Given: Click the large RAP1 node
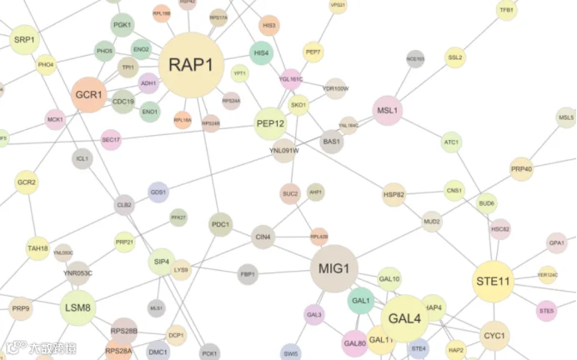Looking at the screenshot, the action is (x=197, y=64).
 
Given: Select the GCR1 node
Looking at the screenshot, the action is (x=88, y=95).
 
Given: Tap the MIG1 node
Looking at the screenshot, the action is (x=334, y=268).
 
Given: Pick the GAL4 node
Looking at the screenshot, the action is (x=404, y=318).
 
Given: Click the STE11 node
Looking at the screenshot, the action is (x=492, y=282).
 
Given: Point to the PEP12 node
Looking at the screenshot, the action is (x=270, y=124).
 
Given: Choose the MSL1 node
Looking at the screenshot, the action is (x=388, y=110).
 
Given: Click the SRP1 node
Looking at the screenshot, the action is (x=24, y=39).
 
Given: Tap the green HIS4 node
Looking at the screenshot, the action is (x=261, y=53).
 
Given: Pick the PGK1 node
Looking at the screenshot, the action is (x=123, y=26).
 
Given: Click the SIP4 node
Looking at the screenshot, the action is (x=162, y=262).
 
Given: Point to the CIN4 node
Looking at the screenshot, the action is (x=263, y=237).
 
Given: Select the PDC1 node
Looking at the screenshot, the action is (x=220, y=224).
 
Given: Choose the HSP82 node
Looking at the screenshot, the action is (x=394, y=195).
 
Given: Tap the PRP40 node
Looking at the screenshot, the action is (x=522, y=169).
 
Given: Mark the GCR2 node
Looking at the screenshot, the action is (x=27, y=182).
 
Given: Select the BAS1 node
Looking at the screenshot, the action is (x=332, y=142).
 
